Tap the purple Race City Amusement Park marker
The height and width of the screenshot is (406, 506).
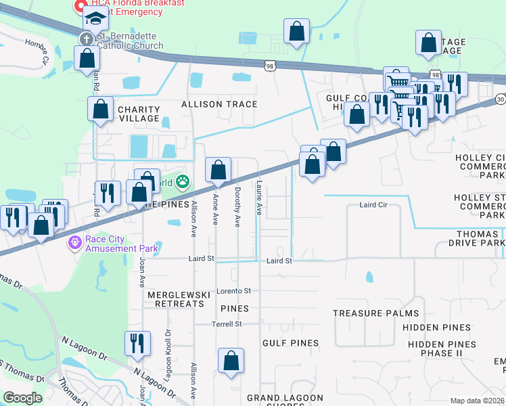[74, 242]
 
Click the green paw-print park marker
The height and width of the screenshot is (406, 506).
[183, 181]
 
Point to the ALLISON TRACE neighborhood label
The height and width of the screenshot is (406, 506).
[219, 104]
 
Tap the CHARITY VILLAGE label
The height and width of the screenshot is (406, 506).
[139, 114]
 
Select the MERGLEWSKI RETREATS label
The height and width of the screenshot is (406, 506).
[175, 300]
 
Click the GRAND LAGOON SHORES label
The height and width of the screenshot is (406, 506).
[285, 398]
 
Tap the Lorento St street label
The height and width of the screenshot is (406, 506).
[233, 291]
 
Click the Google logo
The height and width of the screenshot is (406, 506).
[22, 398]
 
